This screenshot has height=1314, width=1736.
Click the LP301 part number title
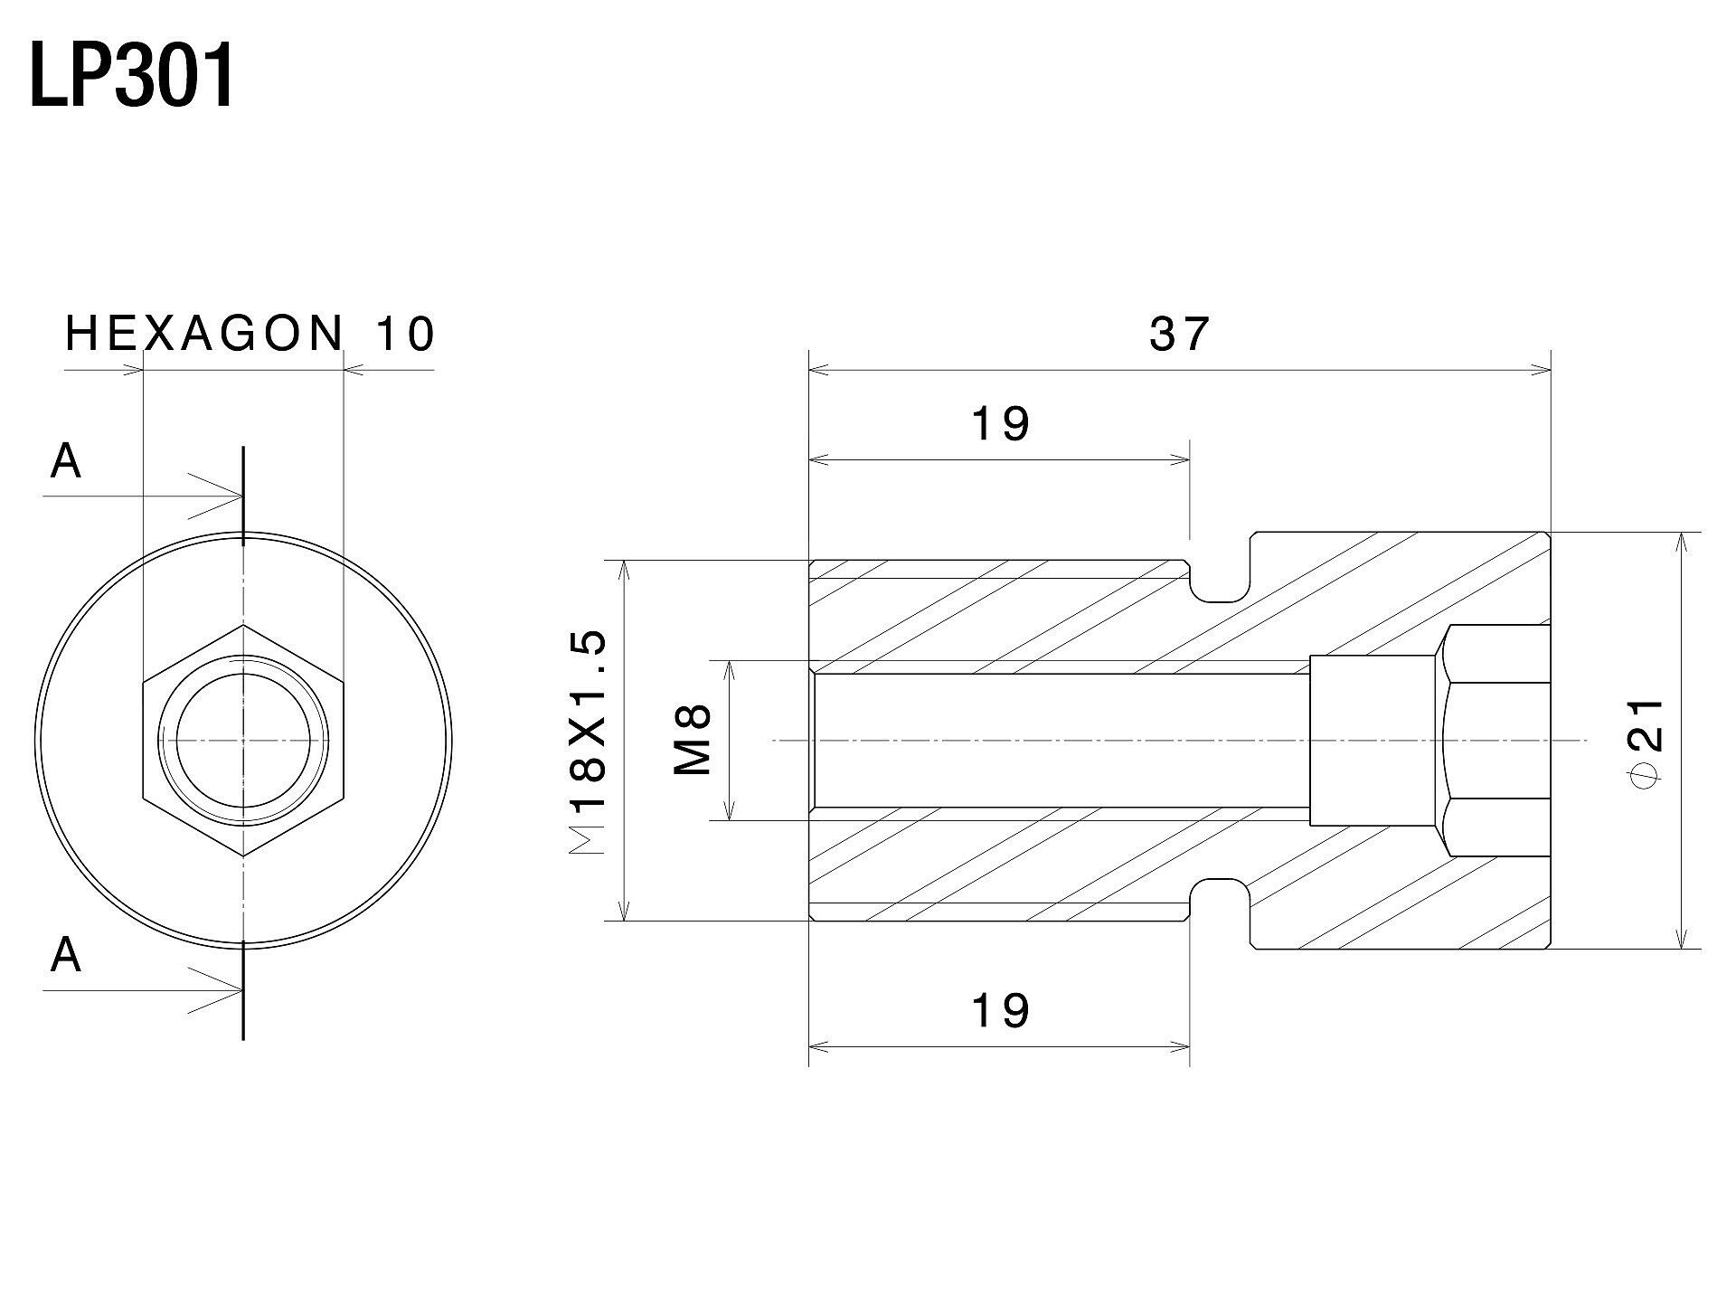(x=132, y=77)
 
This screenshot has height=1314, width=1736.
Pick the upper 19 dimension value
(x=1000, y=424)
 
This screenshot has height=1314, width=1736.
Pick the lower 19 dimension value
(x=1000, y=1010)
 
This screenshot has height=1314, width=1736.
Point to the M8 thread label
(x=693, y=742)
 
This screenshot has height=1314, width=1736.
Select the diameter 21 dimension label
(x=1644, y=738)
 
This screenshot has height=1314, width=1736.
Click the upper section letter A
(x=66, y=462)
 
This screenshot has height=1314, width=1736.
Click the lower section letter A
(x=66, y=956)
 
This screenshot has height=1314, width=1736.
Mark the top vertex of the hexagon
(x=243, y=625)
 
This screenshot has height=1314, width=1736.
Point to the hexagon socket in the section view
(x=1495, y=741)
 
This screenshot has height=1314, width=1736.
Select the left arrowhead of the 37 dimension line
(x=820, y=369)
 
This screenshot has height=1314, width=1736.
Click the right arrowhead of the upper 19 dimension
(x=1178, y=460)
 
